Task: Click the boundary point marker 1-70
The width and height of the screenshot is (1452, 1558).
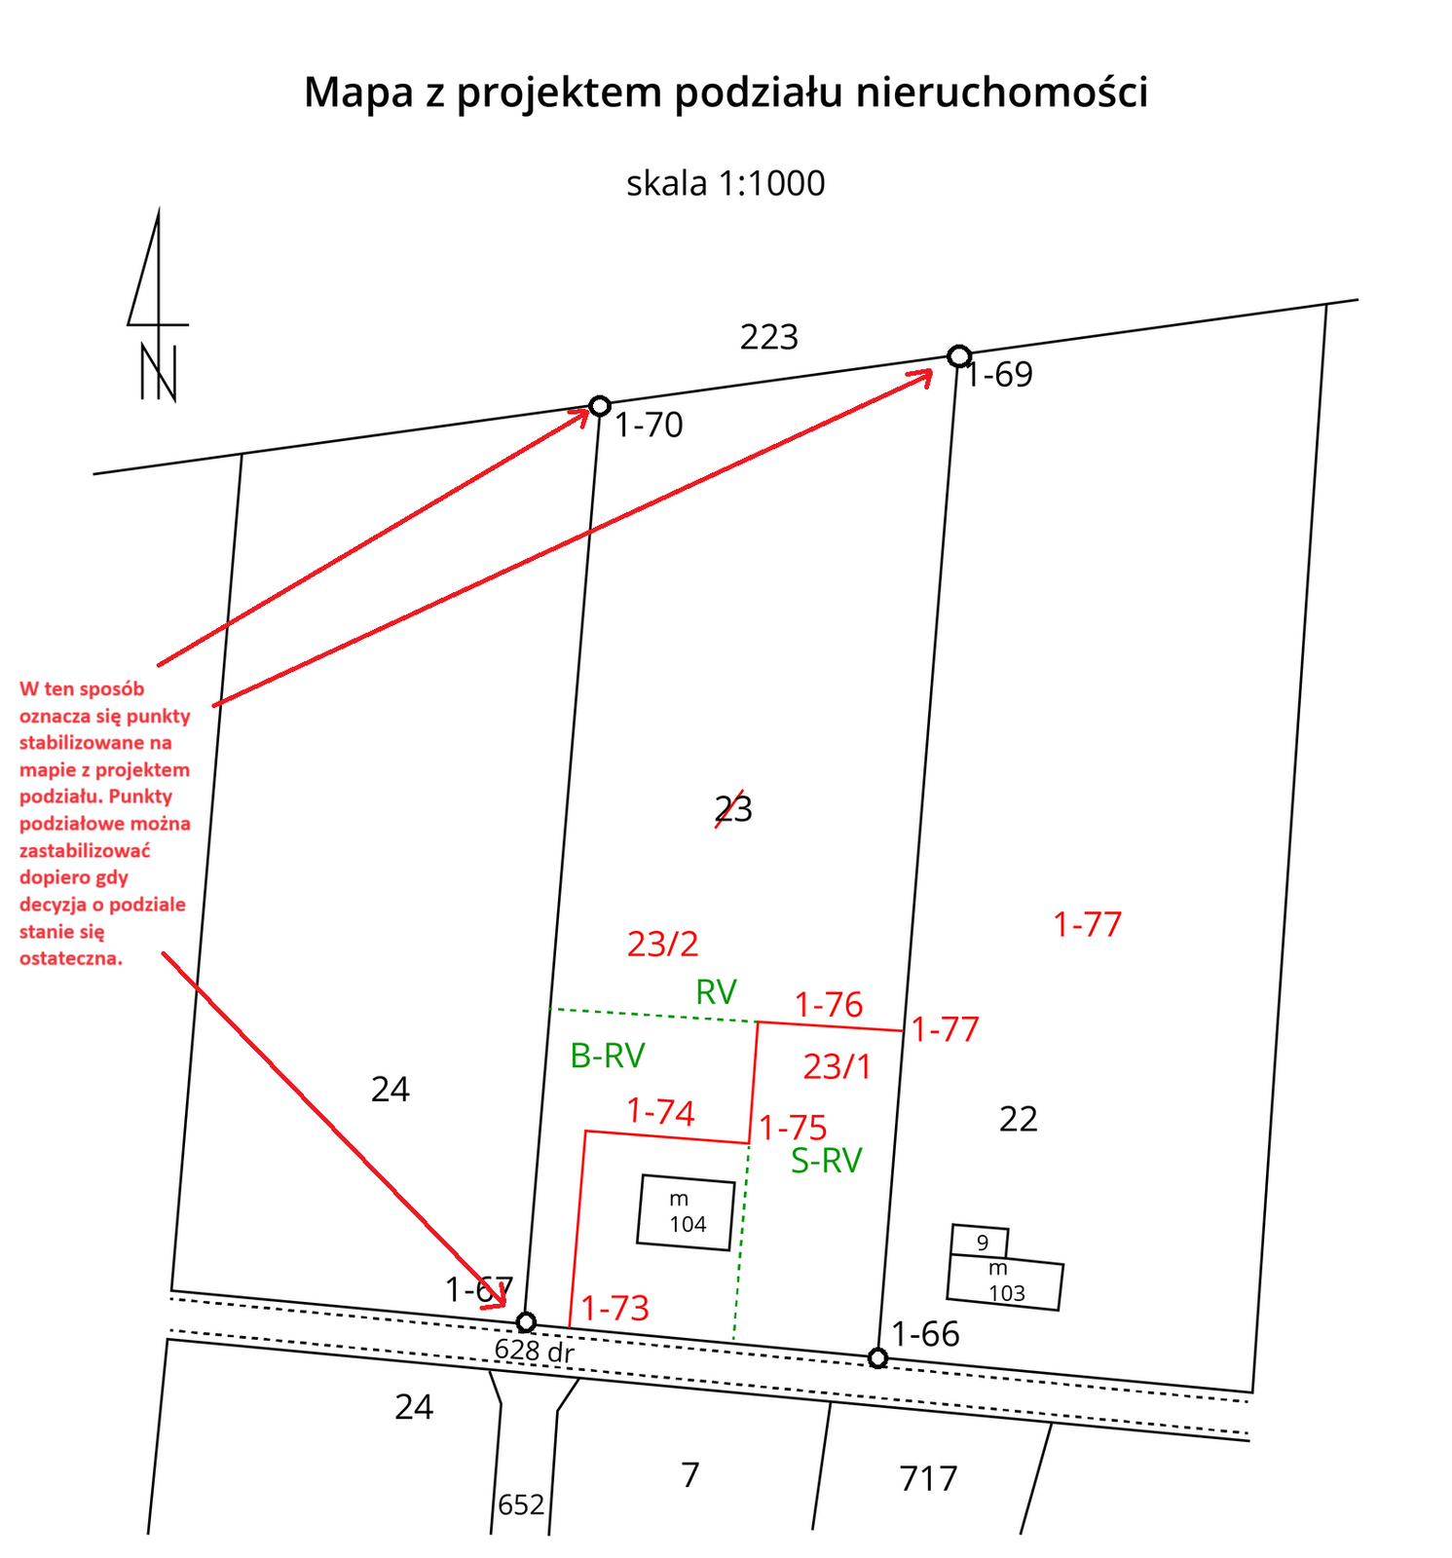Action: click(600, 406)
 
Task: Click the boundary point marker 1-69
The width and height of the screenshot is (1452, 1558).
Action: click(958, 355)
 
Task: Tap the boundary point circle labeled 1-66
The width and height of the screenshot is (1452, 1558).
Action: click(877, 1357)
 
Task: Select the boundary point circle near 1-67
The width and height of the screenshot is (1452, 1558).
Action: click(526, 1321)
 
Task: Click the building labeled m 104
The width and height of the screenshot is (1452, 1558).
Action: click(686, 1212)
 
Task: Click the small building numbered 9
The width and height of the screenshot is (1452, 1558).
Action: click(980, 1242)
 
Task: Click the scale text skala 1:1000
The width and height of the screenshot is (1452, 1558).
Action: click(726, 183)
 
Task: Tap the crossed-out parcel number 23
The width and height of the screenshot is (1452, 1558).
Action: click(733, 809)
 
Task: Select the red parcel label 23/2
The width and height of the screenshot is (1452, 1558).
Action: click(663, 944)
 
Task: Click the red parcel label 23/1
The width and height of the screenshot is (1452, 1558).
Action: click(838, 1067)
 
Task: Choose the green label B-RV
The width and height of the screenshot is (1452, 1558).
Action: click(608, 1056)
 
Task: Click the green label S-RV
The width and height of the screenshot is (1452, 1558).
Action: click(826, 1161)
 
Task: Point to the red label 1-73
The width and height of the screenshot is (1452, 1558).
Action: click(615, 1308)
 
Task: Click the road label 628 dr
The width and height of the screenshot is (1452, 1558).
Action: click(534, 1351)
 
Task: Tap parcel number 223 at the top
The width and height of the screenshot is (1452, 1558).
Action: click(768, 338)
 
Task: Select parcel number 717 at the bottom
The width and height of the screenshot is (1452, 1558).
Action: click(928, 1479)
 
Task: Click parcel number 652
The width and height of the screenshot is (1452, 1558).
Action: click(521, 1505)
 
